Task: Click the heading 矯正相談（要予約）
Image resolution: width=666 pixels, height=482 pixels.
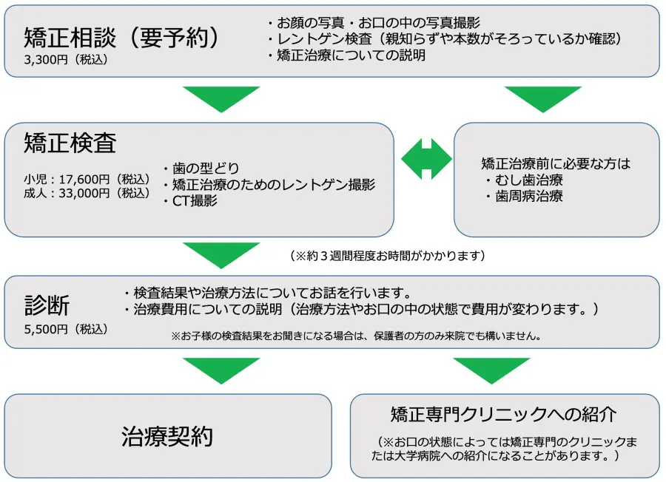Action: click(x=122, y=37)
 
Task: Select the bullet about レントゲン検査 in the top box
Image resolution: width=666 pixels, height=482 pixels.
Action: click(x=444, y=39)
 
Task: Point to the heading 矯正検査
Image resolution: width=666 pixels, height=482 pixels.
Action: click(x=70, y=143)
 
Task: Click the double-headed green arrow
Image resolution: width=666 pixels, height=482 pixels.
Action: click(x=426, y=158)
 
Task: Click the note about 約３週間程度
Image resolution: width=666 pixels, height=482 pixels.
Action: click(x=388, y=256)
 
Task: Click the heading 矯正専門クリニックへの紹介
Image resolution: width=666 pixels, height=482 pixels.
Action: click(x=503, y=413)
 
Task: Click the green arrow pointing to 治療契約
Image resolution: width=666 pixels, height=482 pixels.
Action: click(x=221, y=370)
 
